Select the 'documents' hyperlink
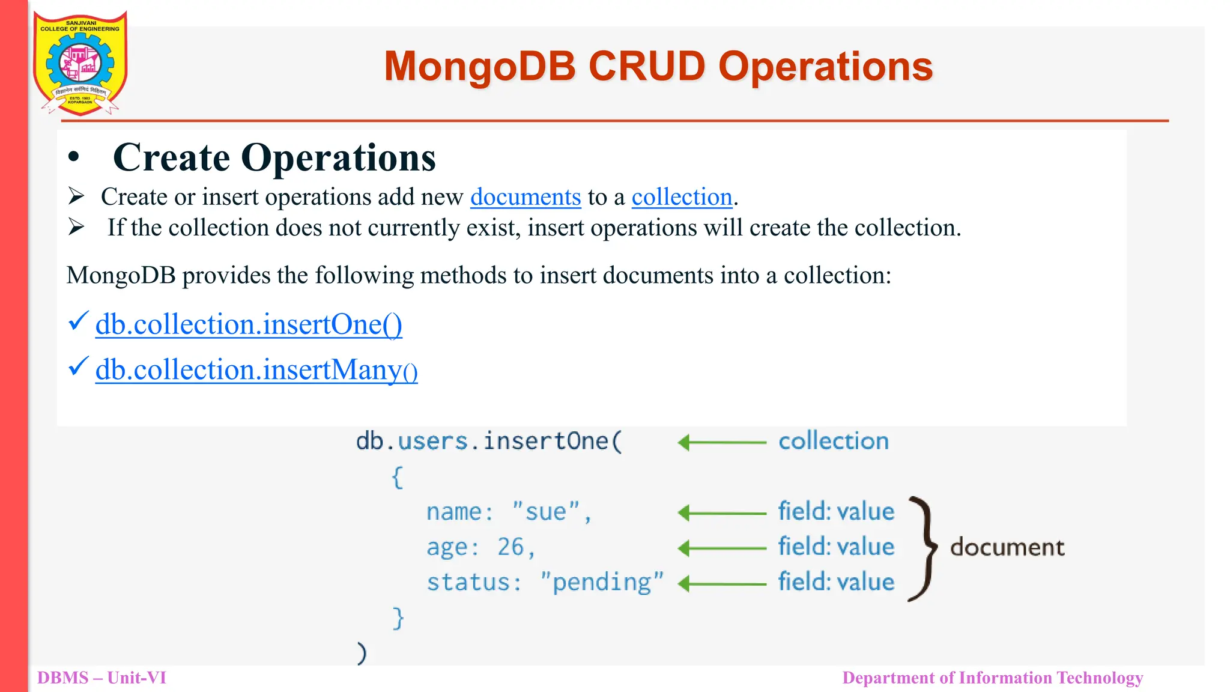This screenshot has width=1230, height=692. [526, 197]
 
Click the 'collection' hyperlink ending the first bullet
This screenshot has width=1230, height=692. [682, 197]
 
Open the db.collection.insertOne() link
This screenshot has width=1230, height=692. [249, 324]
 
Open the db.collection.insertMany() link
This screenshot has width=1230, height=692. [256, 370]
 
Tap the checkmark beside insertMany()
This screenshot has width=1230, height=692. [78, 366]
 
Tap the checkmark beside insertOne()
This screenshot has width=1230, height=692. [78, 321]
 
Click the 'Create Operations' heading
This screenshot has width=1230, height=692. [274, 158]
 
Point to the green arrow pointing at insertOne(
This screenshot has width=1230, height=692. [721, 443]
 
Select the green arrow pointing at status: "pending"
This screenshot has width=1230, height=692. [721, 583]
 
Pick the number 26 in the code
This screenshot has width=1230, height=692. [510, 547]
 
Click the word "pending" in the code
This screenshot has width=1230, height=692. [602, 583]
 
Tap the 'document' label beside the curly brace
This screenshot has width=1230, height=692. [1007, 547]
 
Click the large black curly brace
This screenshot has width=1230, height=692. [924, 548]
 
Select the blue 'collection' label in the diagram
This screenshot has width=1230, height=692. [834, 442]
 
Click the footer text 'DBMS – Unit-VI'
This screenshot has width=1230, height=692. [101, 678]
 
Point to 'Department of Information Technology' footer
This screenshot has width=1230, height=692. [992, 678]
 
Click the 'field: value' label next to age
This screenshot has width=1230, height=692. [836, 547]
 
